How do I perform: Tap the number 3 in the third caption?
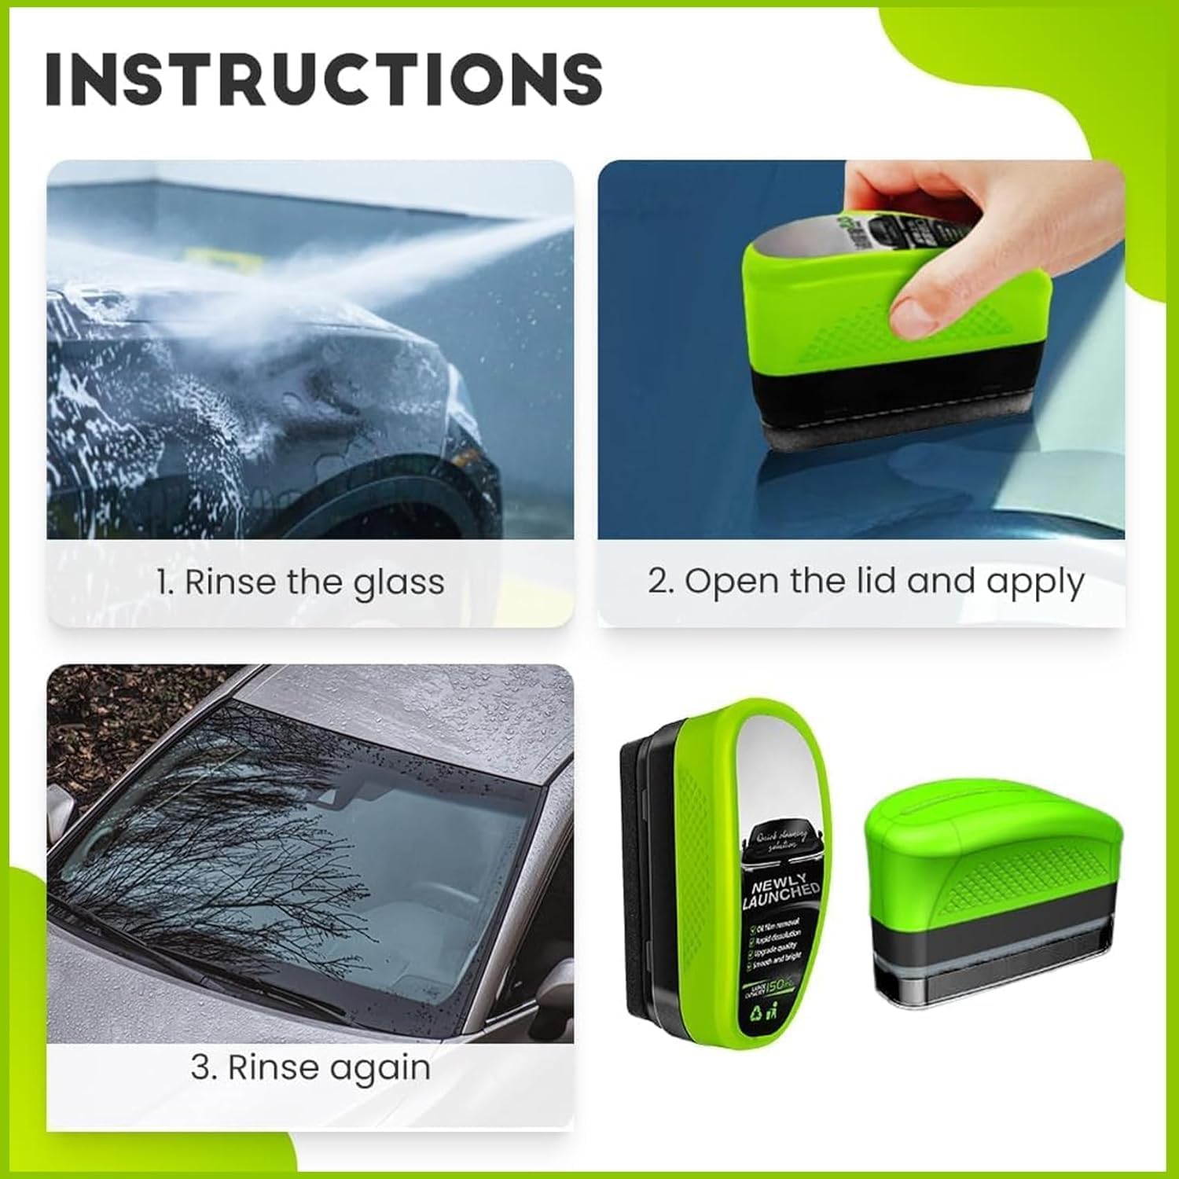click(200, 1067)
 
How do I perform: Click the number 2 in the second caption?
click(658, 582)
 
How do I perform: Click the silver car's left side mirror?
click(61, 810)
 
